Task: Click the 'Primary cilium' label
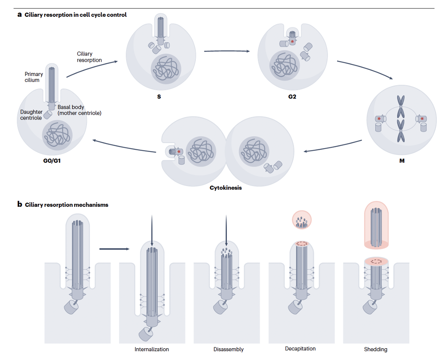click(x=34, y=77)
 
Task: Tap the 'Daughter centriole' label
click(x=31, y=115)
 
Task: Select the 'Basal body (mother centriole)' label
click(x=79, y=110)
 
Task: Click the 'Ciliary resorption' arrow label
click(x=89, y=57)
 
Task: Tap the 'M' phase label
click(x=402, y=161)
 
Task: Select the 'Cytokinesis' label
click(x=226, y=188)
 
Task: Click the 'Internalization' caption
click(x=152, y=349)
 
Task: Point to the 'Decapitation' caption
click(x=300, y=349)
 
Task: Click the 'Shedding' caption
click(x=376, y=349)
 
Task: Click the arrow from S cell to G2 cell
click(x=226, y=51)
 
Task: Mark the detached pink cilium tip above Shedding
click(x=376, y=224)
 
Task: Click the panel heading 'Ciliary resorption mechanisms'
click(x=67, y=205)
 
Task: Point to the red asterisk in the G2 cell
click(x=292, y=42)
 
